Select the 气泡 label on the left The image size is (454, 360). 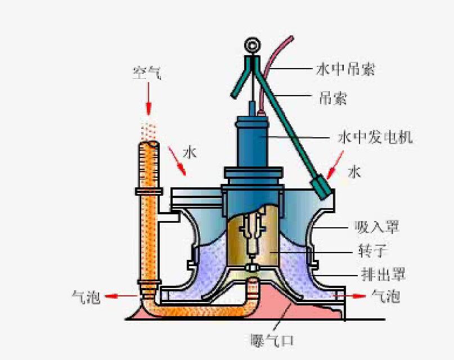click(x=87, y=296)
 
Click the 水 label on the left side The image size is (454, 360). click(x=190, y=152)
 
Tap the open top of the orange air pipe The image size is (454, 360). click(x=149, y=146)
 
